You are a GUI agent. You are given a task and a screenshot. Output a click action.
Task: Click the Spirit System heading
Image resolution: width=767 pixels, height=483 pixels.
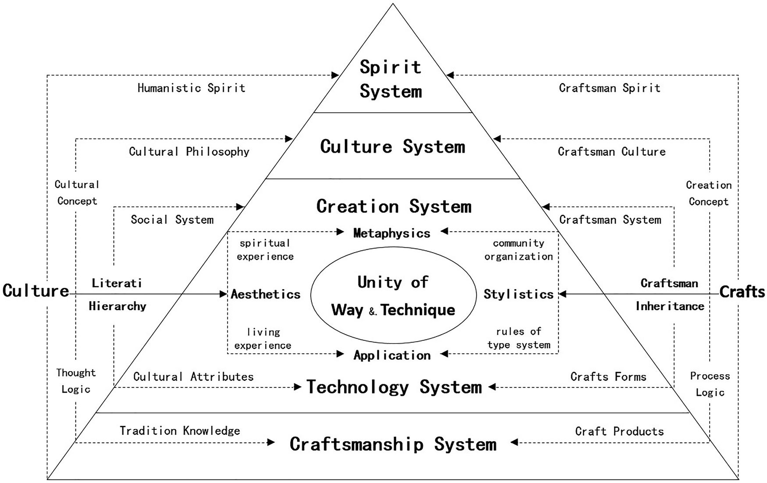pos(391,79)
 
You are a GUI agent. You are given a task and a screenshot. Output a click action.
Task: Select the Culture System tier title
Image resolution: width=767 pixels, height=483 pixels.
pos(392,147)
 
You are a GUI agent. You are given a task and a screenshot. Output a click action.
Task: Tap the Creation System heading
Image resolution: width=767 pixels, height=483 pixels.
pos(394,206)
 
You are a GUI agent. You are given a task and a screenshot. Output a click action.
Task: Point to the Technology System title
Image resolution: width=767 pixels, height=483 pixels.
pos(394,387)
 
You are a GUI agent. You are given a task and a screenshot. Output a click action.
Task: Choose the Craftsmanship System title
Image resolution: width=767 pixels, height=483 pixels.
pos(393,444)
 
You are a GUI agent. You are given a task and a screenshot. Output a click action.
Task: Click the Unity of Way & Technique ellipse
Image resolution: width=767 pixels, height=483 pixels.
pos(393,295)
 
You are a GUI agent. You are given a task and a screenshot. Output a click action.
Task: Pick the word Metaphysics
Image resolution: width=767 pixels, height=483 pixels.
pos(391,233)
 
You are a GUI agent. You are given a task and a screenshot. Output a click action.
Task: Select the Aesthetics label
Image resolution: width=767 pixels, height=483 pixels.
pos(266,294)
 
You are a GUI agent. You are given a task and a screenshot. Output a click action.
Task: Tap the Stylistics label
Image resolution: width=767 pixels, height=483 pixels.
pos(518,294)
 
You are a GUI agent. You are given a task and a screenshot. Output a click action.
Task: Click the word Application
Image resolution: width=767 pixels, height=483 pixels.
pos(392,355)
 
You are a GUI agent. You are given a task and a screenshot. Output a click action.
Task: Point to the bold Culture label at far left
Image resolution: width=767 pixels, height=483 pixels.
pos(36,290)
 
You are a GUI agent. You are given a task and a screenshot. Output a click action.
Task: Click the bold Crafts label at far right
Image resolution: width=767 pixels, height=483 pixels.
pos(742,292)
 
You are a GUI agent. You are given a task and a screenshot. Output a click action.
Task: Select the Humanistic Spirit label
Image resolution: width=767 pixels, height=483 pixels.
pos(191,88)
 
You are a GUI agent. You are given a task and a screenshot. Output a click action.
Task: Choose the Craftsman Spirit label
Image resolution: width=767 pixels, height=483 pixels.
pos(609,88)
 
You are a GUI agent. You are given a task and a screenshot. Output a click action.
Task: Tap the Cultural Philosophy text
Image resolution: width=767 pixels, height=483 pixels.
pos(189,152)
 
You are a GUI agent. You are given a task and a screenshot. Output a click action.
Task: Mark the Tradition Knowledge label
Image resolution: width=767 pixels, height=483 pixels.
pos(180,431)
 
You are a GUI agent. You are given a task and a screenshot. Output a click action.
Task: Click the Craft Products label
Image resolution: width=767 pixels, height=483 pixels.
pos(619,431)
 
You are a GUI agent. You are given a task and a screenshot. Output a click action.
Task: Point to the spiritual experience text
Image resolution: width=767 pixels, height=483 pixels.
pos(265,250)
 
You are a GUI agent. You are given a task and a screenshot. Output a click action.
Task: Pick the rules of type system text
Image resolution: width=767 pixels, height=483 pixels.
pos(518,338)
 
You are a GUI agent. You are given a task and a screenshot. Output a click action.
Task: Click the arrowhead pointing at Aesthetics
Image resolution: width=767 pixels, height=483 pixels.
pos(224,294)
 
